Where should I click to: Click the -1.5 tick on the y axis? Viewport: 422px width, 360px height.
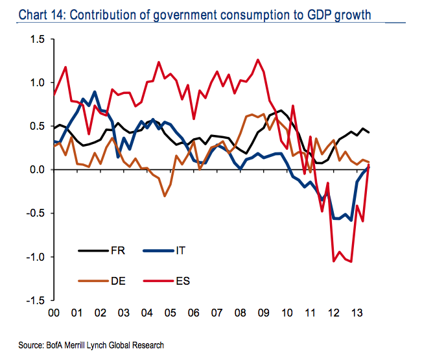point(34,300)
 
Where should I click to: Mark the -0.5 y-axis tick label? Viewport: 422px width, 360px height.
point(34,213)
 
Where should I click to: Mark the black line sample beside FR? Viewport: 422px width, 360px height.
point(93,250)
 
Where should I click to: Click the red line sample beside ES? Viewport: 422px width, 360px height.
point(158,281)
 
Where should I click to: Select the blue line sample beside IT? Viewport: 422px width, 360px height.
point(158,250)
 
